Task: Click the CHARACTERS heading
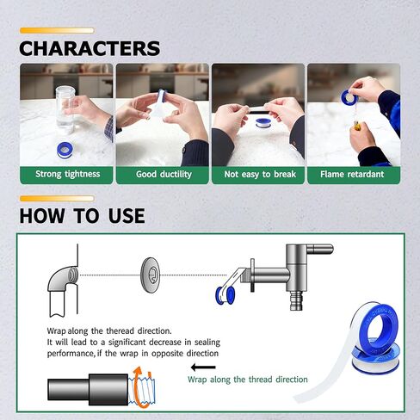[90, 48]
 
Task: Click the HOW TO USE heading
[82, 215]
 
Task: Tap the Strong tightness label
[67, 174]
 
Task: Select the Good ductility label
[163, 174]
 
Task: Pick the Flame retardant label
[354, 174]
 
